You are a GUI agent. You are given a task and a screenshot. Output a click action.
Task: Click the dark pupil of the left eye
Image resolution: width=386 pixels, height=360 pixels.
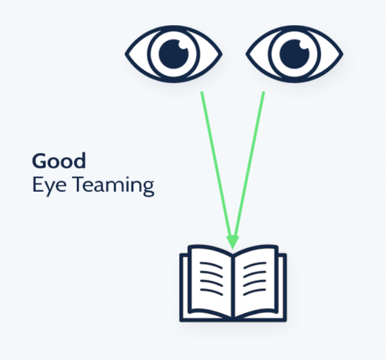pos(173,54)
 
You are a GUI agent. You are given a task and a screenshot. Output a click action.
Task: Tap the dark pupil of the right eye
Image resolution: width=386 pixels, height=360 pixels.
pos(294,54)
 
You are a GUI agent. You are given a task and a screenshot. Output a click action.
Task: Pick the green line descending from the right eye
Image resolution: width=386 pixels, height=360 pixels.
pos(250,162)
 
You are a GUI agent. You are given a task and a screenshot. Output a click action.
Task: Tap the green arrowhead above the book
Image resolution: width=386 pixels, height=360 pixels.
pos(232,241)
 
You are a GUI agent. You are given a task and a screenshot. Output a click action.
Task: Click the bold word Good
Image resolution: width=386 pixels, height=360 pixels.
pos(59,161)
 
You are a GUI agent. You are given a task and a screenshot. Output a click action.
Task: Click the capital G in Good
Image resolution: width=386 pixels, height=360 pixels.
pos(39,161)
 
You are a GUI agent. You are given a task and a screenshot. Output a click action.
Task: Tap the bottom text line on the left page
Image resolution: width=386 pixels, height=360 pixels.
pos(211,292)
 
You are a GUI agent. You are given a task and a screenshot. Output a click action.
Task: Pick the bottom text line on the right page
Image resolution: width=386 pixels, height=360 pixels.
pos(255,292)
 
